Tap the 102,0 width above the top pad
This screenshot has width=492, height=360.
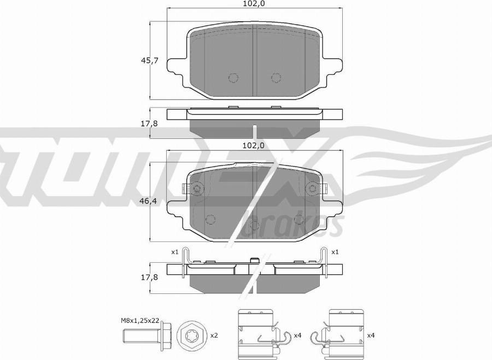pos(254,3)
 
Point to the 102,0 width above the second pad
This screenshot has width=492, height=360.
pos(254,145)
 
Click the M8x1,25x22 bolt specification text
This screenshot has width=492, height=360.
pos(140,321)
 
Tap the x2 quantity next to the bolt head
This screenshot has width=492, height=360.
pos(214,335)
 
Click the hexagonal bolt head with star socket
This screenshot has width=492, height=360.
pos(191,335)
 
